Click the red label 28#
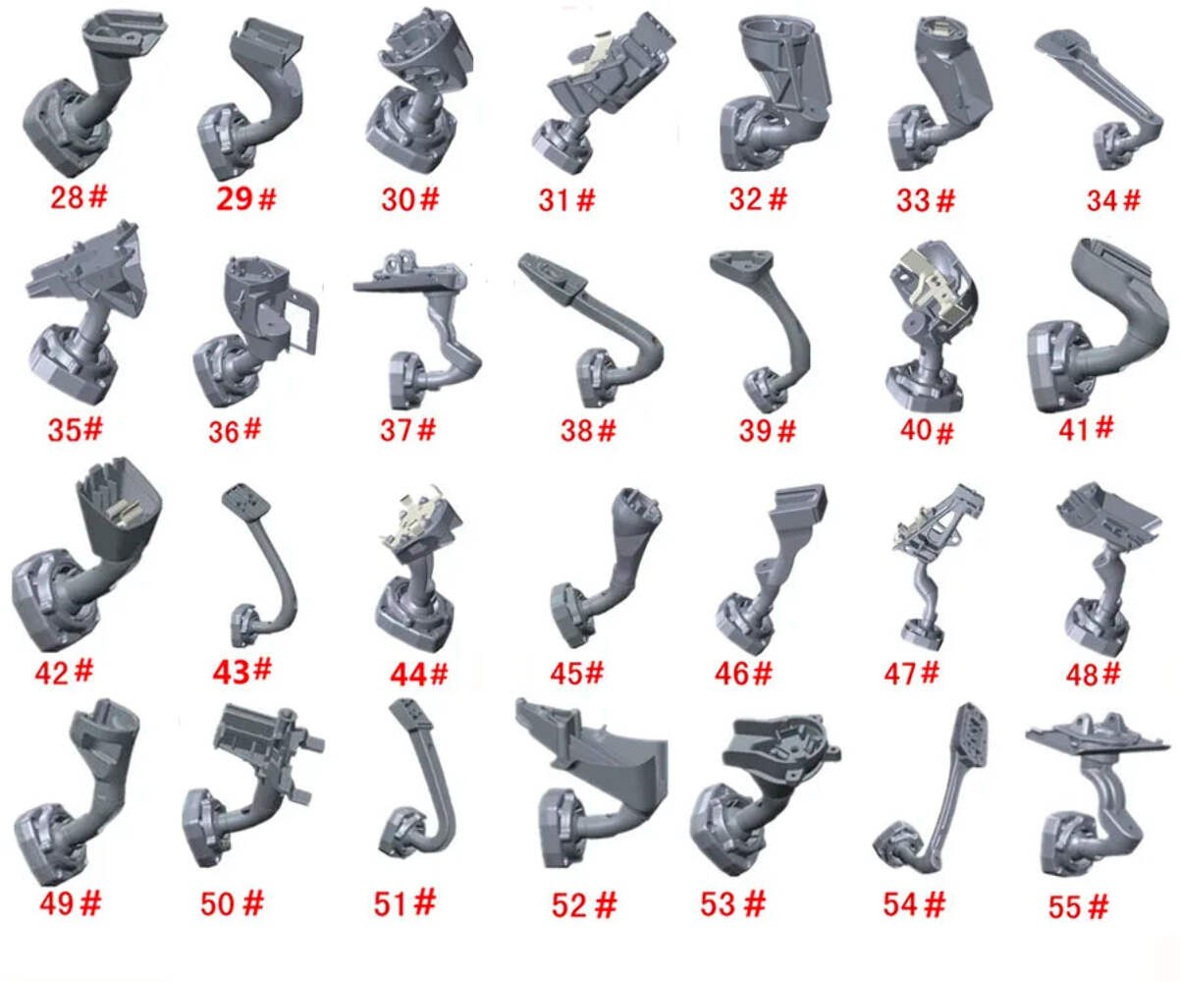[x=79, y=197]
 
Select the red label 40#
[x=927, y=431]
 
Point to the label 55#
[x=1078, y=906]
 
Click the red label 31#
[x=566, y=199]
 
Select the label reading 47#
[x=912, y=674]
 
